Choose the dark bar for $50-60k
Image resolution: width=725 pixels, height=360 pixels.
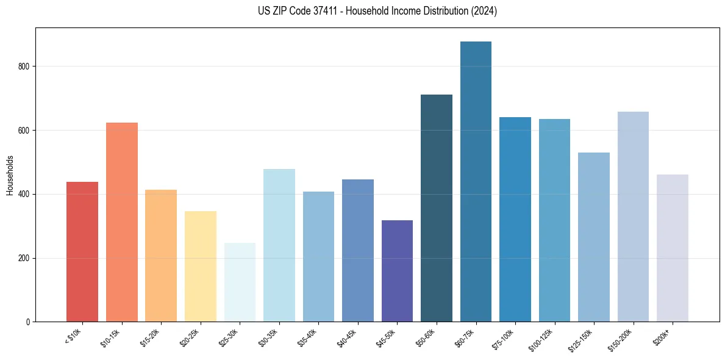437,208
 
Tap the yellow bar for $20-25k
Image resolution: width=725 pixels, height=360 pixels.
201,266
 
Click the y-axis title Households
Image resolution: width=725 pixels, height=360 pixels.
10,175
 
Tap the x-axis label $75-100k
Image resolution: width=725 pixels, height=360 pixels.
504,337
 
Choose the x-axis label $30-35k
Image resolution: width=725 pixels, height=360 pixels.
268,337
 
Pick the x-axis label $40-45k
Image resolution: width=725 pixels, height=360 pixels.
346,337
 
